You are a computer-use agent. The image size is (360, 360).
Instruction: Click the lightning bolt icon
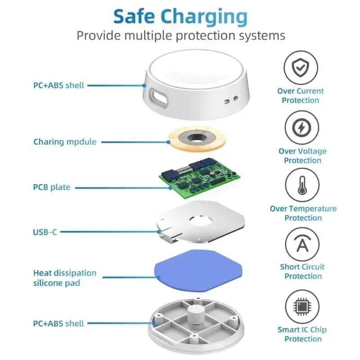[301, 128]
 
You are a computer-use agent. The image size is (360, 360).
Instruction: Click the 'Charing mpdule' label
[65, 142]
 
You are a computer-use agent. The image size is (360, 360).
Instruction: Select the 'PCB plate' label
[52, 187]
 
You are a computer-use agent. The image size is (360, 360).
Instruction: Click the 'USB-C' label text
[45, 232]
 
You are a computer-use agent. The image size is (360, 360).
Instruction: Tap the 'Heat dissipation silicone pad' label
[65, 278]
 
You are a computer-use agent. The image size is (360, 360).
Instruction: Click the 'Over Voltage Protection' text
[302, 156]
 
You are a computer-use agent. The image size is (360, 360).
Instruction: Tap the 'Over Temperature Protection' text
[303, 213]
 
